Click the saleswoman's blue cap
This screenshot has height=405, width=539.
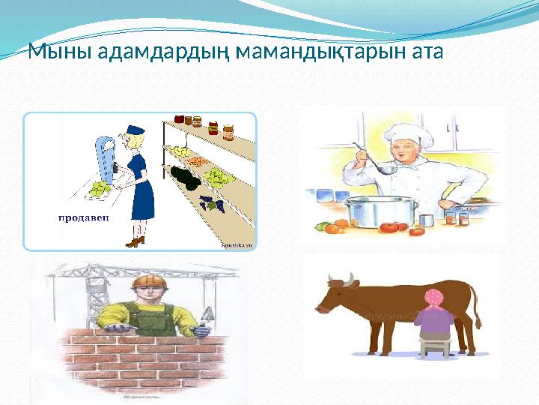pyautogui.click(x=135, y=130)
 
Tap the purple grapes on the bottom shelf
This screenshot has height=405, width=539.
pyautogui.click(x=212, y=203)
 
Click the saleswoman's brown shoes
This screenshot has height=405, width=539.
pyautogui.click(x=135, y=241)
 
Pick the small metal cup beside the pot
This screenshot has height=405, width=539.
pyautogui.click(x=427, y=220)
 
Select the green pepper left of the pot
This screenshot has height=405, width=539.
pyautogui.click(x=322, y=226)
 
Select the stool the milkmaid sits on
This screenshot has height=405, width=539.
pyautogui.click(x=433, y=346)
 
